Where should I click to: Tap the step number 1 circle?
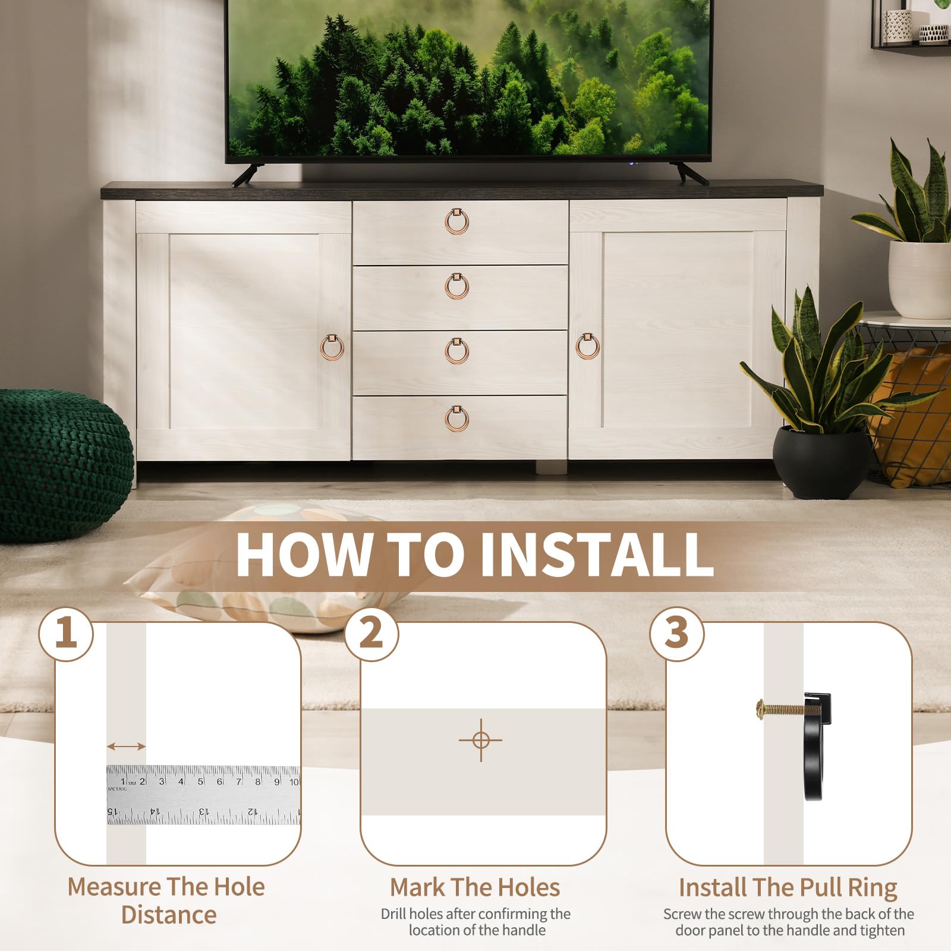tap(66, 634)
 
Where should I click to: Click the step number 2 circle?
tap(371, 634)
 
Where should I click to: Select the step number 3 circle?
tap(677, 634)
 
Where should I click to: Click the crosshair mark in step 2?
tap(481, 741)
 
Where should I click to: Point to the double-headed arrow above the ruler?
tap(126, 747)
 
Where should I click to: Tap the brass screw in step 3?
tap(782, 707)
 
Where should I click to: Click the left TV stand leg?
tap(245, 175)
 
